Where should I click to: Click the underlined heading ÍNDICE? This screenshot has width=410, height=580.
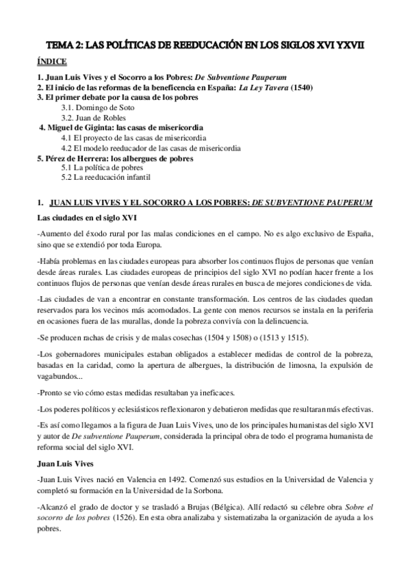[x=51, y=62]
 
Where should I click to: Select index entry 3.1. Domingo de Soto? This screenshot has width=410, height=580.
[x=98, y=108]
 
